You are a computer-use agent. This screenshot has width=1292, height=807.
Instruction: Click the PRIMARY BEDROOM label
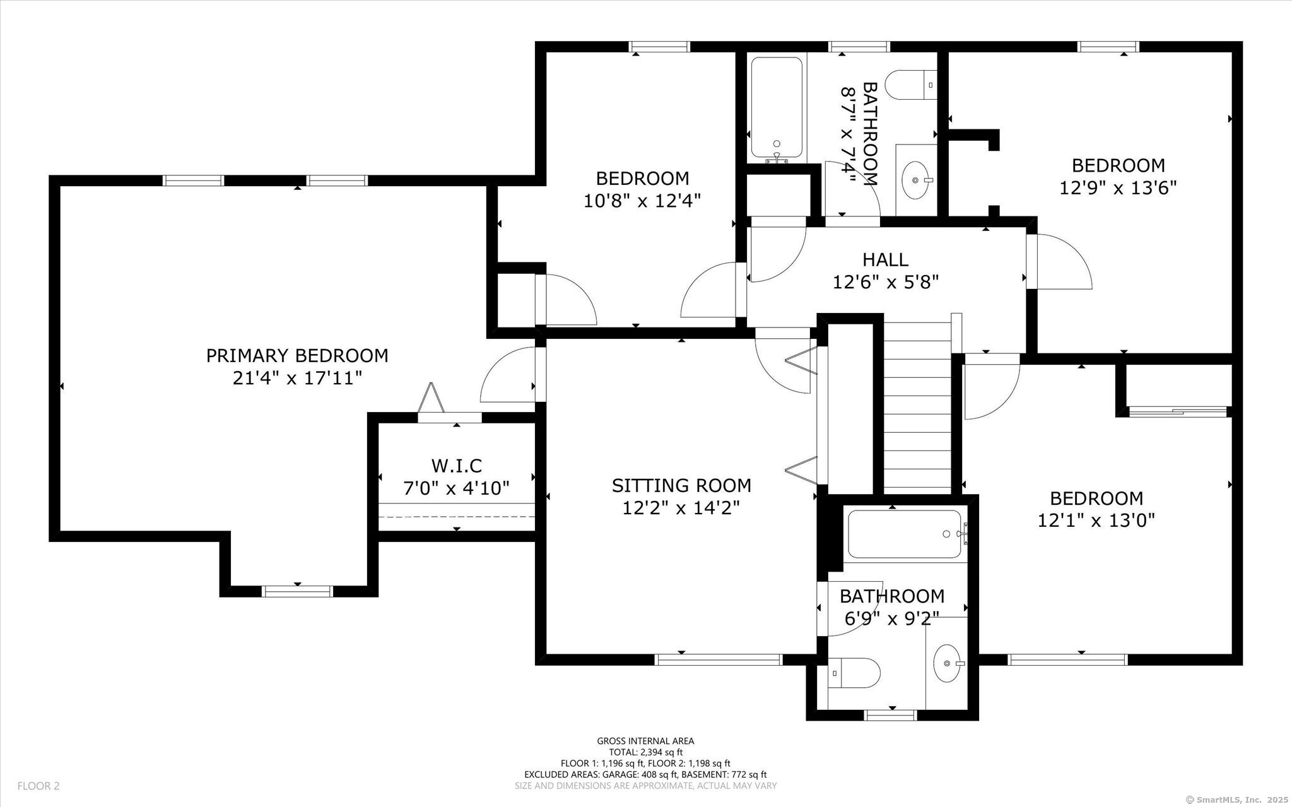(x=297, y=356)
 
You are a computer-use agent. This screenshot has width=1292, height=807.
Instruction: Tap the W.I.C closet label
(x=457, y=466)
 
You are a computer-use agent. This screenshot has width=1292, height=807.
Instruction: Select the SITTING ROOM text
(x=681, y=485)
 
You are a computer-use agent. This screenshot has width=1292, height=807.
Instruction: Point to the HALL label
(x=886, y=259)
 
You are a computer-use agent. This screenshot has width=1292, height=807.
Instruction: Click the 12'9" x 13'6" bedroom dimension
(x=1119, y=188)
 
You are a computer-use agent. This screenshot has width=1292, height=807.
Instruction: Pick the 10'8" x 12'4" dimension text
(x=642, y=201)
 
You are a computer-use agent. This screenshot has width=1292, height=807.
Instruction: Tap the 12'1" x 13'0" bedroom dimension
(x=1096, y=521)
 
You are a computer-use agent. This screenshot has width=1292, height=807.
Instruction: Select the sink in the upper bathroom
(x=917, y=180)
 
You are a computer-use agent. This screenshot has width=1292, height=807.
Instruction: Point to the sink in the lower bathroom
(x=949, y=663)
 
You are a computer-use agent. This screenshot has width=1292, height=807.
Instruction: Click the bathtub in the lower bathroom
(x=905, y=534)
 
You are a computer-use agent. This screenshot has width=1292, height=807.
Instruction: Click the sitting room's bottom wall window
(x=719, y=659)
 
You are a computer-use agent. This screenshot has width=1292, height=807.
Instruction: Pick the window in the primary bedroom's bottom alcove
(x=297, y=591)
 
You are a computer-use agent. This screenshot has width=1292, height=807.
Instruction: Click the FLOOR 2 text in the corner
(x=38, y=786)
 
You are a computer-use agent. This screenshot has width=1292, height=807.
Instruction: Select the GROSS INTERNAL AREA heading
(x=645, y=741)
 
